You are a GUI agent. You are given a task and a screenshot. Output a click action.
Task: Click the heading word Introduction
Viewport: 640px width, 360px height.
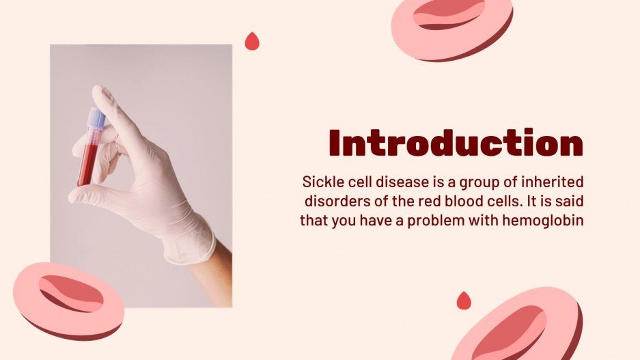point(456,143)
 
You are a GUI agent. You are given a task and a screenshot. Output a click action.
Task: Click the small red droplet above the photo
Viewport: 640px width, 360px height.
point(253,41)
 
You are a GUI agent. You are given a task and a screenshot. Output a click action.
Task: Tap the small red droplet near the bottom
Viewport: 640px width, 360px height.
point(464,300)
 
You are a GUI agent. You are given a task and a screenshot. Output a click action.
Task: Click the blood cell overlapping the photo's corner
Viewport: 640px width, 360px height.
point(68,299)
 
